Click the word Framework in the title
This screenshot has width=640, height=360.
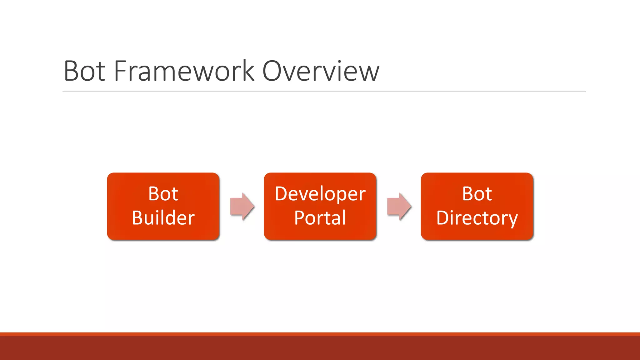coord(184,71)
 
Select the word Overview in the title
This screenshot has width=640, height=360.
coord(321,71)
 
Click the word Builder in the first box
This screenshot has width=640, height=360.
coord(163,218)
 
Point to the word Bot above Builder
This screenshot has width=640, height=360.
coord(163,194)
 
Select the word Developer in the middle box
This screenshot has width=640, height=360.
coord(320,194)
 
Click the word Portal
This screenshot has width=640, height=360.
coord(320,218)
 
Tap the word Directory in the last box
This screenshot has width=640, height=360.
coord(477,218)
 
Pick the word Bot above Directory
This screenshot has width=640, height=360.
coord(477,194)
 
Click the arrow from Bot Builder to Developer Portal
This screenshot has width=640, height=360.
coord(242,207)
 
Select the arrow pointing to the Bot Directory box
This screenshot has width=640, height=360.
coord(399,207)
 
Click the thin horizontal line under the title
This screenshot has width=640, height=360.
coord(324,91)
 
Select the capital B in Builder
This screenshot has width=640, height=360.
coord(138,218)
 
